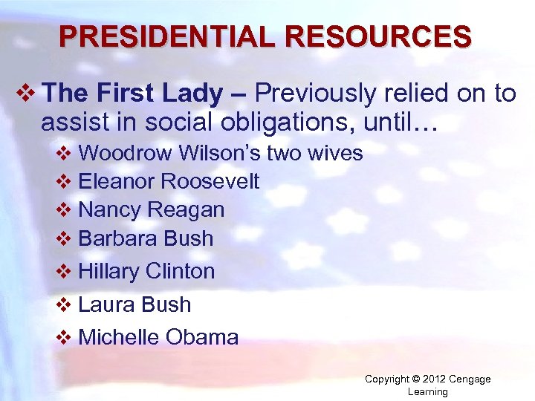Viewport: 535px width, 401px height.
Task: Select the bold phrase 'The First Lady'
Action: click(x=132, y=94)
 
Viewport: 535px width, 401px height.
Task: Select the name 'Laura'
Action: click(x=104, y=304)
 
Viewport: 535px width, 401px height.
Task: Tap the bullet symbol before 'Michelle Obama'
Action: click(x=64, y=338)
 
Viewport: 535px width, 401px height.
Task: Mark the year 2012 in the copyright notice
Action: click(x=434, y=379)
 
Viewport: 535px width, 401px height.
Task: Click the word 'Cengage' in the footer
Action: click(x=470, y=379)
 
